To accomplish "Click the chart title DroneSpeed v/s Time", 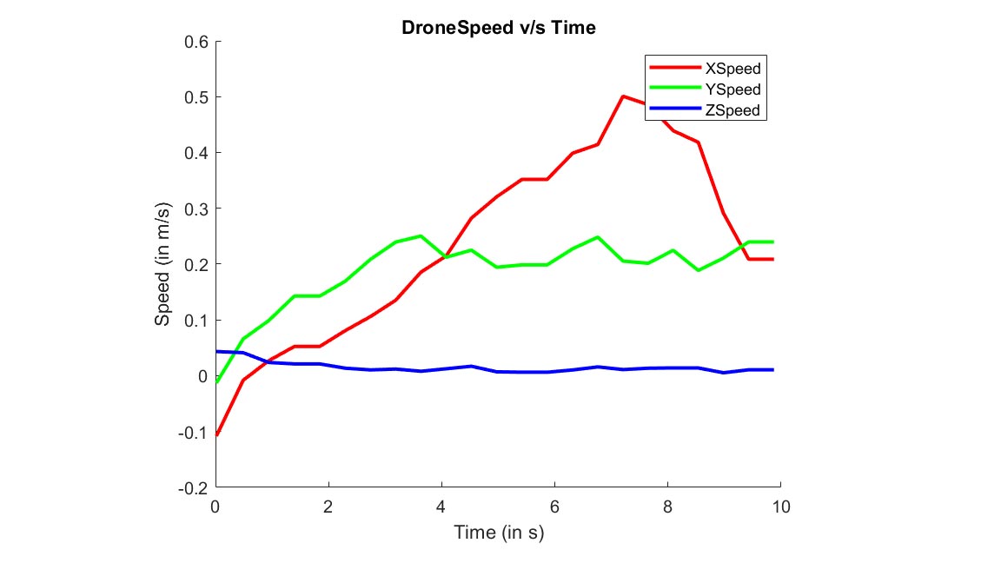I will point(498,28).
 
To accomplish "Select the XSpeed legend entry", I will point(735,68).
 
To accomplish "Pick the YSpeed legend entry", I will point(735,89).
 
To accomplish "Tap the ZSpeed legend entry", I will point(735,110).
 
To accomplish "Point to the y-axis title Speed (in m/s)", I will point(162,264).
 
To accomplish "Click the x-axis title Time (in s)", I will point(499,532).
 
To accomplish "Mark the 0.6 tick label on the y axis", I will point(196,41).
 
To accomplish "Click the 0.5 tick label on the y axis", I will point(196,96).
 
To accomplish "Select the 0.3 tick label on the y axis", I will point(196,209).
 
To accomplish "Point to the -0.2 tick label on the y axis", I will point(194,488).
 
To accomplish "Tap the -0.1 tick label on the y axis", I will point(194,433).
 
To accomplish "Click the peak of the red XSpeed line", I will point(623,96).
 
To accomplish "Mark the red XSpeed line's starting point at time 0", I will point(216,434).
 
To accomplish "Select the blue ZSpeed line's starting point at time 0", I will point(216,352).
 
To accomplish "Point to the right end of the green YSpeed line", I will point(772,242).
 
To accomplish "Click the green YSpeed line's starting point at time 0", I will point(216,381).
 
